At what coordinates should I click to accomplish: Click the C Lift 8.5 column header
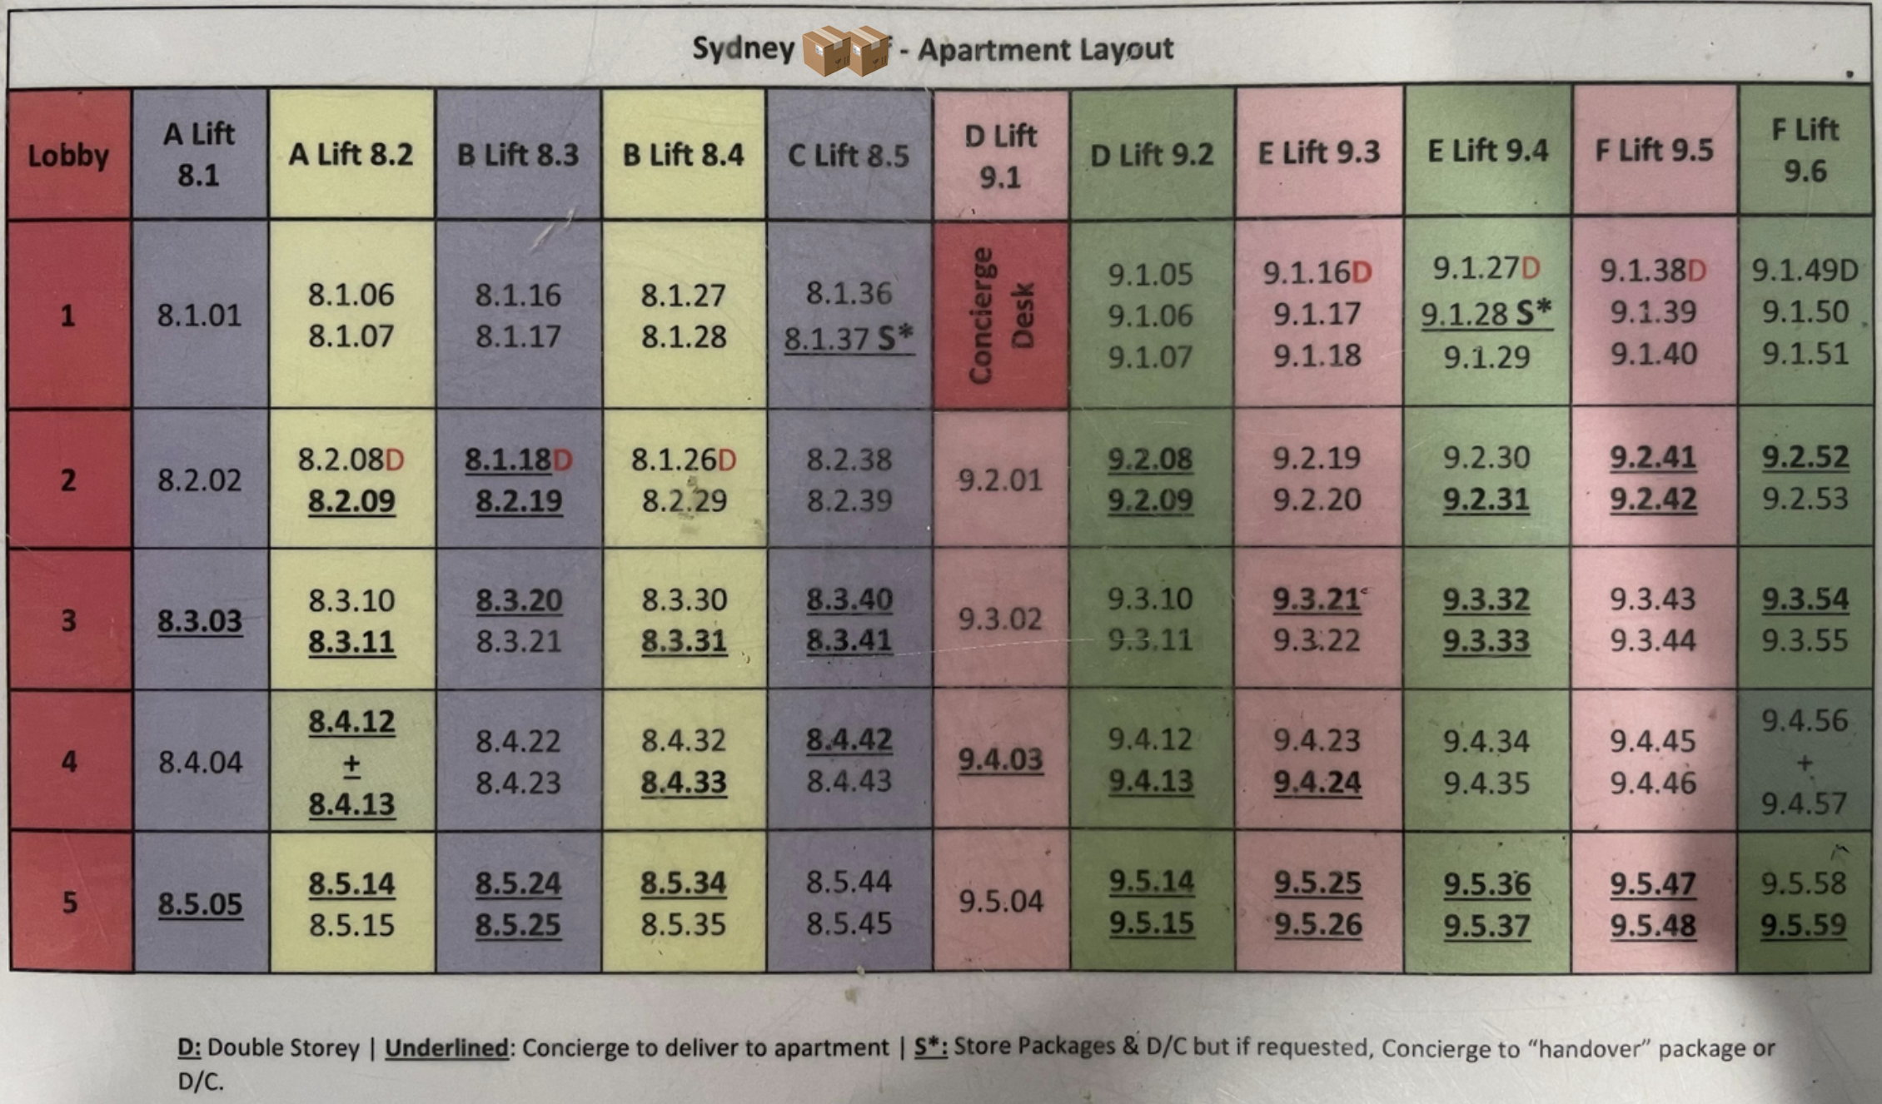click(x=849, y=155)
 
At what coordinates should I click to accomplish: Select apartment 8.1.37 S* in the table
click(x=849, y=338)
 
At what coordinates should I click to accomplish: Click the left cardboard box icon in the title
click(x=824, y=50)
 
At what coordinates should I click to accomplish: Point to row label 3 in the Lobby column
click(x=69, y=619)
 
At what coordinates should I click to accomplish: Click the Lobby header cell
click(x=68, y=155)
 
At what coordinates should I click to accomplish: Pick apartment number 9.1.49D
click(x=1805, y=270)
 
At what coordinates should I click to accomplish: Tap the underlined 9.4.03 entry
click(x=1000, y=758)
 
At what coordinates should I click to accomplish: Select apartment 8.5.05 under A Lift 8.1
click(x=200, y=903)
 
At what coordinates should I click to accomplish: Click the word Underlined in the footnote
click(x=446, y=1047)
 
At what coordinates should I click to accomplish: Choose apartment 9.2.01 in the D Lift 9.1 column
click(x=1000, y=480)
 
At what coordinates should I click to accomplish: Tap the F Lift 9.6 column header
click(x=1805, y=150)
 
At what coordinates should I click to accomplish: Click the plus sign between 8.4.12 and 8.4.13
click(x=351, y=763)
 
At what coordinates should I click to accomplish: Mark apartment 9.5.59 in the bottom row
click(x=1803, y=924)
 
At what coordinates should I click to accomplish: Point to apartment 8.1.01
click(x=200, y=315)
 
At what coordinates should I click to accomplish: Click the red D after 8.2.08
click(x=395, y=460)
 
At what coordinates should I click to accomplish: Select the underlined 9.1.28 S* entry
click(x=1486, y=313)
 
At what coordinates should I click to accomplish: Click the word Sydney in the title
click(x=743, y=48)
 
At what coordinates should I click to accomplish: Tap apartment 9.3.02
click(x=1000, y=619)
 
